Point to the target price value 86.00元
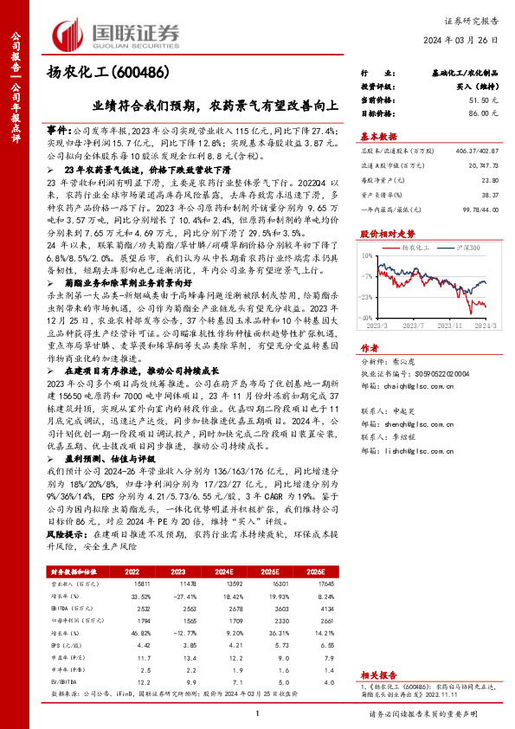[x=482, y=113]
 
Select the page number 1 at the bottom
[x=258, y=713]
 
